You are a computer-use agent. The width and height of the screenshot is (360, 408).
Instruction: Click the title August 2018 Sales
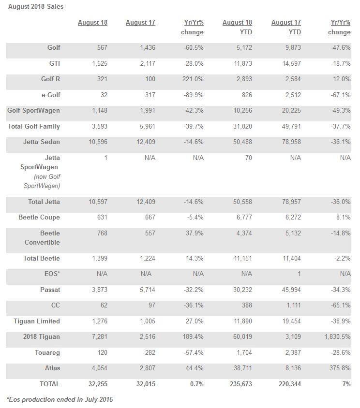coord(36,7)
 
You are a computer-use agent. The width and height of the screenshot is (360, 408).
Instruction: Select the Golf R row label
coord(50,79)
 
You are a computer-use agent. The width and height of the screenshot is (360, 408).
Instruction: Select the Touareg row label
coord(47,352)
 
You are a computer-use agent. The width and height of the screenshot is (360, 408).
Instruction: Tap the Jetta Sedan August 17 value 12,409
coord(143,142)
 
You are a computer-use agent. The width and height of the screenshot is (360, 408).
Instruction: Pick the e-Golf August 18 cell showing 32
coord(103,95)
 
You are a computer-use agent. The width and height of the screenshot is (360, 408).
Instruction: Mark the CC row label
coord(55,306)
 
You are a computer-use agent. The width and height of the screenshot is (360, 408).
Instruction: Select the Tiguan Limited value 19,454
coord(289,321)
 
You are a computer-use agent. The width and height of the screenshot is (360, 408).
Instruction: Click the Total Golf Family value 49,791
coord(289,126)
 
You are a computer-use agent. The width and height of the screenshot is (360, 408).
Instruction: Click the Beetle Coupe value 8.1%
coord(342,217)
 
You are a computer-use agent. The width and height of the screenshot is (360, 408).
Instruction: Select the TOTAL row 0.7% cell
coord(195,384)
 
